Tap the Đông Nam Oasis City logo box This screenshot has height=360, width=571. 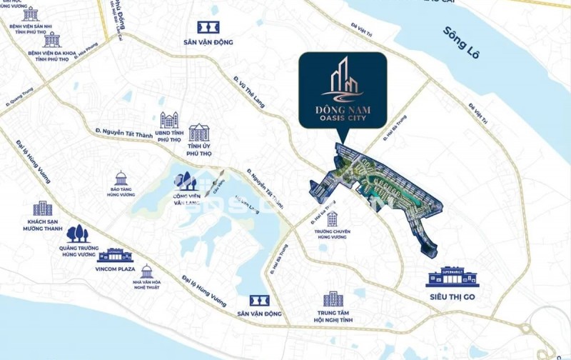(x=343, y=90)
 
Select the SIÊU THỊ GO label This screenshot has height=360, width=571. (x=450, y=296)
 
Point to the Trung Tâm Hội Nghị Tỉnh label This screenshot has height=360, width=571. (x=333, y=316)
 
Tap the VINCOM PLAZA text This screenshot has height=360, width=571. (x=115, y=270)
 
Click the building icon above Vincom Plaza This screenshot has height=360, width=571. (x=115, y=256)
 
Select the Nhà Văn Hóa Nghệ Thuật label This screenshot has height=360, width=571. (x=146, y=287)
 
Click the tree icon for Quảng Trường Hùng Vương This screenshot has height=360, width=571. (x=77, y=234)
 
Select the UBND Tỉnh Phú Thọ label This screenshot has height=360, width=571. (x=168, y=136)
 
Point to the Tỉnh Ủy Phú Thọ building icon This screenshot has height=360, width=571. (x=199, y=132)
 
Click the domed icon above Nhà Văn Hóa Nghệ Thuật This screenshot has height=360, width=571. (x=146, y=271)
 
